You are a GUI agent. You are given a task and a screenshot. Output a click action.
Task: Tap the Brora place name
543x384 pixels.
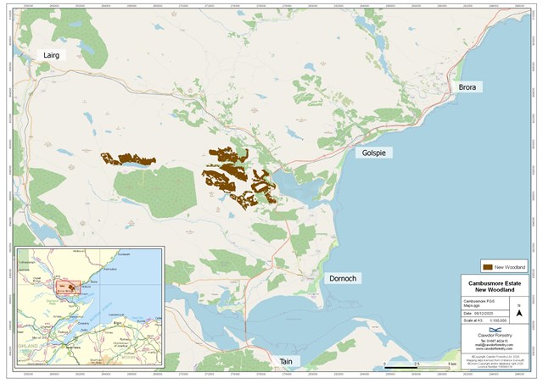467,87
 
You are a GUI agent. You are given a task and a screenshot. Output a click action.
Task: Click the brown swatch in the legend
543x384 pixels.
487,266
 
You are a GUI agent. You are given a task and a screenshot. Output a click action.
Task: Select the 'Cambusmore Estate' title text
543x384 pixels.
495,283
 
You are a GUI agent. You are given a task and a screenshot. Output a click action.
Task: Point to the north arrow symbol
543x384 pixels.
518,313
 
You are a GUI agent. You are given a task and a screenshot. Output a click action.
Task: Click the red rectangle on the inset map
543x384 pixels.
68,287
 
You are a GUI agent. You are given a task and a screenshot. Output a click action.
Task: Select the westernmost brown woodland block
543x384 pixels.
128,159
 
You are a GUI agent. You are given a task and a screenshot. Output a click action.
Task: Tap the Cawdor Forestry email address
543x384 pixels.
495,344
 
